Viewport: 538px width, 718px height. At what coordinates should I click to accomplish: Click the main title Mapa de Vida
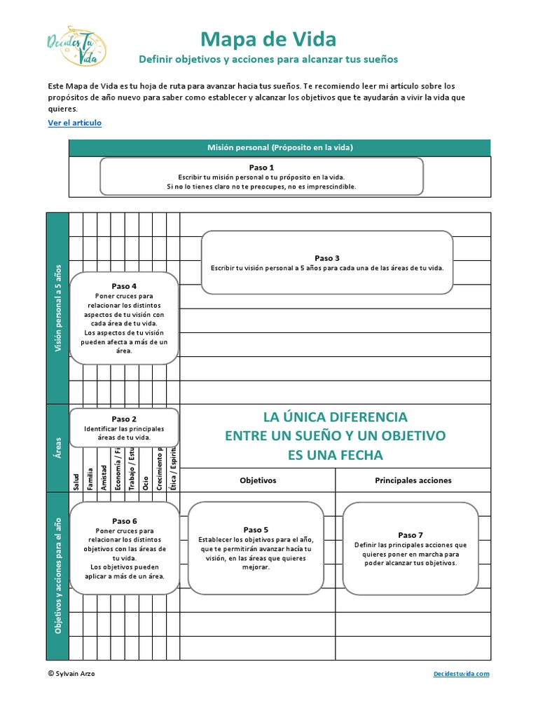[268, 39]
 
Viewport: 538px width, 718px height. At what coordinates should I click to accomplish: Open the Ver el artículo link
[74, 123]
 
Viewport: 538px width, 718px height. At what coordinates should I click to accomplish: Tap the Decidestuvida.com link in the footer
[461, 673]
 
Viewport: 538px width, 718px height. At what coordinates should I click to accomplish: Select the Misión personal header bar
[280, 148]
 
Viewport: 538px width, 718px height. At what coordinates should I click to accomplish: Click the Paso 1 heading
[261, 168]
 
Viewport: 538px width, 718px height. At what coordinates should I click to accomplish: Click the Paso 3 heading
[327, 258]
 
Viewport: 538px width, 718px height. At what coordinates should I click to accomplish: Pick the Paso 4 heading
[124, 286]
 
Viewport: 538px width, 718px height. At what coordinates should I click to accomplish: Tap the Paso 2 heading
[124, 419]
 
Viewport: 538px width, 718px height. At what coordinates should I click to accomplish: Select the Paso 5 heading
[256, 529]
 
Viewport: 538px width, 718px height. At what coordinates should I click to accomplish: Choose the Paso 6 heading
[124, 521]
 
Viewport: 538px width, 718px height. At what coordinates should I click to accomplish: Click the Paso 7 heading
[411, 535]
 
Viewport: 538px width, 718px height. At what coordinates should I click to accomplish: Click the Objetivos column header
[258, 480]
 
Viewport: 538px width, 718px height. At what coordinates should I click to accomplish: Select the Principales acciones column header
[413, 480]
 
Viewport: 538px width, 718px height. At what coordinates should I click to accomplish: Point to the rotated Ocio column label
[146, 482]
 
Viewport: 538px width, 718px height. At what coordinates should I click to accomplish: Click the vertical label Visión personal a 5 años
[57, 308]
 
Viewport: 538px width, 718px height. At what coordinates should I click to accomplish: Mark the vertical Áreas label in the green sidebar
[57, 447]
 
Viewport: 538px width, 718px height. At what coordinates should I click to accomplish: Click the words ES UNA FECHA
[336, 455]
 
